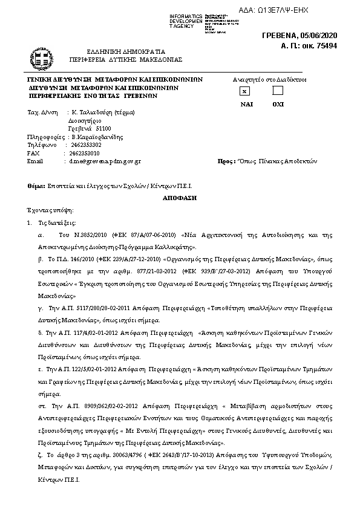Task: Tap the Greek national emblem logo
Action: (41, 59)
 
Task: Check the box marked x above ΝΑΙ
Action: (244, 91)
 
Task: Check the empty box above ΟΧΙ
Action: (278, 91)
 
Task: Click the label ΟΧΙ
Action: (278, 104)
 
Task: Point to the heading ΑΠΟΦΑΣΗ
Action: (180, 198)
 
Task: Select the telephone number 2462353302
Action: (86, 145)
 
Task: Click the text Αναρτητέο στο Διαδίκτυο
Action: (269, 79)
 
